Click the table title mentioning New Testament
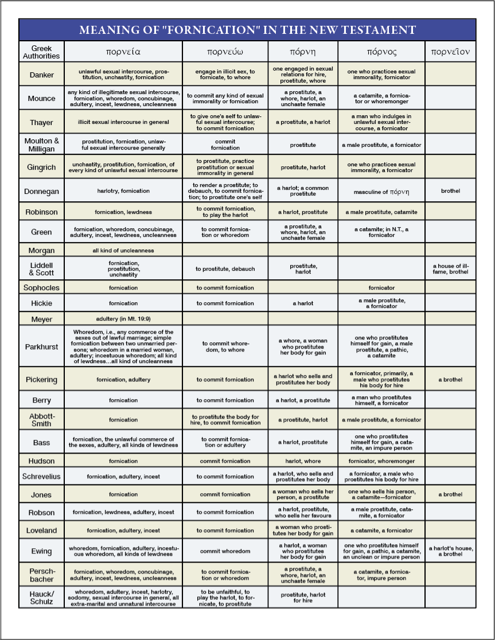point(247,30)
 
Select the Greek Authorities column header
point(41,52)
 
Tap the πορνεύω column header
point(225,52)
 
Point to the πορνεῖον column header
point(450,52)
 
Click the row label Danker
point(41,75)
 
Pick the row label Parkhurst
point(41,347)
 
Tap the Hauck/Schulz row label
point(41,597)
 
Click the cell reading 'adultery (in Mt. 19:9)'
point(123,319)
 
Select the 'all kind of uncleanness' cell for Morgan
point(123,251)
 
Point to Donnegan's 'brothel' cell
point(450,191)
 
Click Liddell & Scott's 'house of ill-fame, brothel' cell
point(450,268)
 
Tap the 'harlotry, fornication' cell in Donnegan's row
point(123,191)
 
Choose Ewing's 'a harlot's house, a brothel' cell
point(450,551)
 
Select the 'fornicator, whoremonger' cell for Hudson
point(381,461)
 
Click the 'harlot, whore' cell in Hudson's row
point(302,461)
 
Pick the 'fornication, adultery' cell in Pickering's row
point(123,380)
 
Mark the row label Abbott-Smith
point(41,420)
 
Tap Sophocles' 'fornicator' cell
point(381,288)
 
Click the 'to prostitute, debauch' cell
point(225,269)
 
